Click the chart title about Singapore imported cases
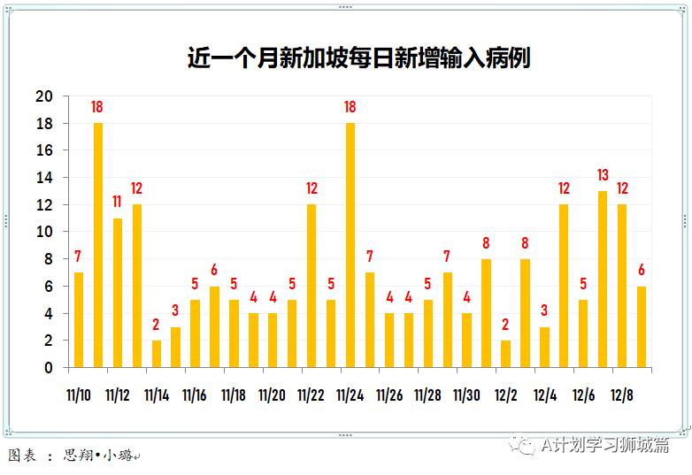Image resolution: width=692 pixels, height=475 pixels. tap(358, 58)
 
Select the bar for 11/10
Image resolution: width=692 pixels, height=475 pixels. tap(79, 319)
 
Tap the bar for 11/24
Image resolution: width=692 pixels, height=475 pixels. tap(350, 245)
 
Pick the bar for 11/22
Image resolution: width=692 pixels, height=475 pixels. tap(311, 286)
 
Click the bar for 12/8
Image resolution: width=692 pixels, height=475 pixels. tap(622, 286)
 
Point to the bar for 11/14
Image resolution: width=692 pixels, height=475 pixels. tap(157, 353)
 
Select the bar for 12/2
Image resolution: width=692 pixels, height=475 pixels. tap(505, 353)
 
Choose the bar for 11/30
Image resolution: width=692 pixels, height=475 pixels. tap(466, 340)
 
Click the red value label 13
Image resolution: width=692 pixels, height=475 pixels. tap(603, 174)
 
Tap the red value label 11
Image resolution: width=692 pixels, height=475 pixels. tap(118, 202)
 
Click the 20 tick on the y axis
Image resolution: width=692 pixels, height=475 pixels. tap(44, 96)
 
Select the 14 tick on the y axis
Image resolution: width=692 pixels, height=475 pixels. tap(44, 178)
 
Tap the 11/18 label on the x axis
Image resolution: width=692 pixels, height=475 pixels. tap(234, 395)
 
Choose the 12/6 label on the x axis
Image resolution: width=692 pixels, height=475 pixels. tap(583, 395)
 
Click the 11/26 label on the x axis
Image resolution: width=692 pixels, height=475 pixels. tap(389, 395)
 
